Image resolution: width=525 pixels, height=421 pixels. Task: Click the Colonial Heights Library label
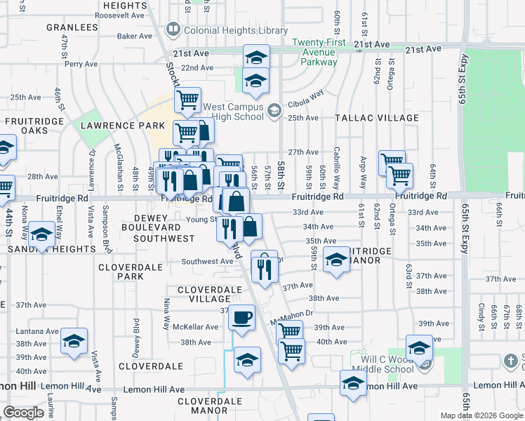(235, 30)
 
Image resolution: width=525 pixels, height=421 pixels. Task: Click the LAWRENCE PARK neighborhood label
(122, 125)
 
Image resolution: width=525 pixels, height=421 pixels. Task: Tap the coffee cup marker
(242, 317)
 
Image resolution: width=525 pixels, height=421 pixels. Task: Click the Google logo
(23, 413)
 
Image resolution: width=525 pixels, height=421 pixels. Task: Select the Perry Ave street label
(80, 63)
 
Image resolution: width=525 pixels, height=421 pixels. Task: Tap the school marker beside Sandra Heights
(41, 235)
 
